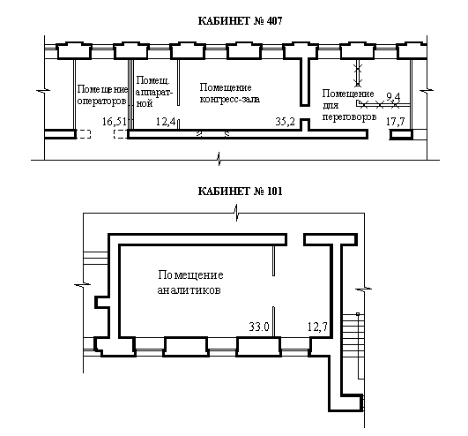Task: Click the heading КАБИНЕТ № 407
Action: [240, 21]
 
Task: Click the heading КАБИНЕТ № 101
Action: [240, 192]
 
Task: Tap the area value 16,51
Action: [115, 122]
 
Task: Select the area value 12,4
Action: [166, 122]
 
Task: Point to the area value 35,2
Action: [285, 122]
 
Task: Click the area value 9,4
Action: [393, 97]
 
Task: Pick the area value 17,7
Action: [396, 122]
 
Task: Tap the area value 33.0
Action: [259, 327]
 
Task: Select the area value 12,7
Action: [317, 327]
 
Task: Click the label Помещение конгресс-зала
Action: [229, 94]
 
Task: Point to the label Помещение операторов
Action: [102, 95]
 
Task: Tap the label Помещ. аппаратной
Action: [154, 92]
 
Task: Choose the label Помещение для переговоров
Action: [349, 105]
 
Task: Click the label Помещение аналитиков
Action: [190, 282]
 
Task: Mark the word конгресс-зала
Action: [229, 99]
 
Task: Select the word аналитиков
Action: [189, 290]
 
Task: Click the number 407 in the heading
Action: [275, 21]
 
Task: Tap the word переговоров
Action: [349, 117]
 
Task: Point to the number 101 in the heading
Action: [275, 192]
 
